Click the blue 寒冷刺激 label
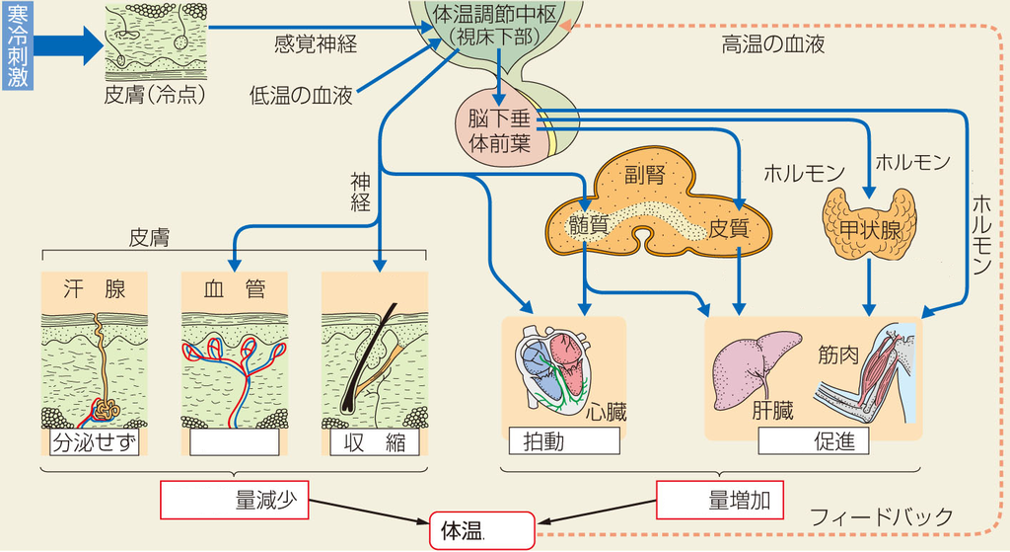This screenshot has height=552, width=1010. tap(17, 46)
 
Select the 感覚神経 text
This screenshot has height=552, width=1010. tap(316, 43)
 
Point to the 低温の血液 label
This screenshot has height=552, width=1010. tap(300, 96)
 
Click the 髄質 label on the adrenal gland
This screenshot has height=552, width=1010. tap(589, 226)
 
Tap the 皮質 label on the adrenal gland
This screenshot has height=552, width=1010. tap(729, 227)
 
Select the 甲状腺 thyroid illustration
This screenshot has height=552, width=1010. tap(868, 226)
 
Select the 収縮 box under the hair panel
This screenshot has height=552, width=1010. tap(375, 441)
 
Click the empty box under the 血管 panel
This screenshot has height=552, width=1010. tap(234, 441)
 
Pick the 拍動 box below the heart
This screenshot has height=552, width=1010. tap(563, 440)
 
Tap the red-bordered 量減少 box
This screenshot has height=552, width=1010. tap(234, 499)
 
